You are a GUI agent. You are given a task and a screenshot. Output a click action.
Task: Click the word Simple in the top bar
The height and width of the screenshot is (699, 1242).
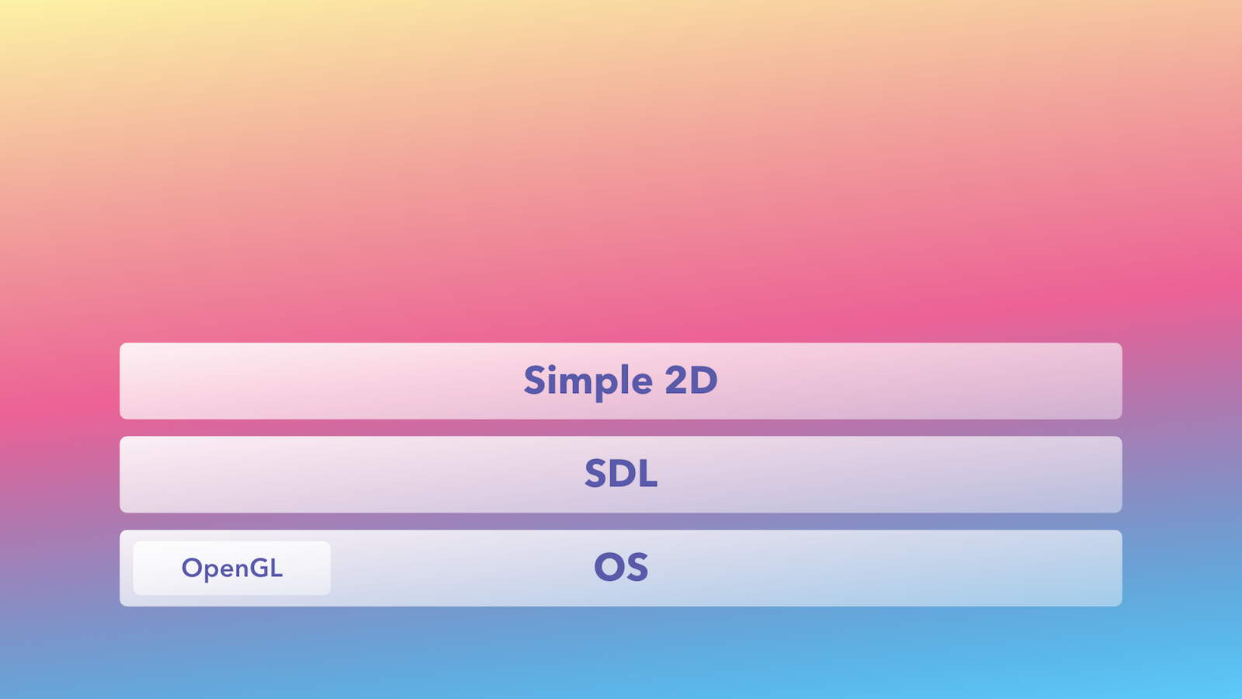(588, 381)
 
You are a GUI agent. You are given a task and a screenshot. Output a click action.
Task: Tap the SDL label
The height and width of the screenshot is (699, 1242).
(621, 474)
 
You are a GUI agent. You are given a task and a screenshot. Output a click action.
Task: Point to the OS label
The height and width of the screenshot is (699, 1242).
(621, 567)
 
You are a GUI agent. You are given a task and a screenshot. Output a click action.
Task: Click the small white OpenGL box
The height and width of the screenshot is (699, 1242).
(232, 568)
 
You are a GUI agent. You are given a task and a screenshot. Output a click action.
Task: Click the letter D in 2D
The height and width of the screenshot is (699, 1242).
(705, 380)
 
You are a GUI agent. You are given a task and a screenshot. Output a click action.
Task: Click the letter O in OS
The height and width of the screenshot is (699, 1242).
(609, 567)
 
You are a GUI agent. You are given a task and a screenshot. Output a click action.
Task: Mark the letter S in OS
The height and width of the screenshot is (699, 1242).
(637, 567)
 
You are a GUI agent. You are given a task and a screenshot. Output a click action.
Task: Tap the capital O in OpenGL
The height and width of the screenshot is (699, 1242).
(191, 568)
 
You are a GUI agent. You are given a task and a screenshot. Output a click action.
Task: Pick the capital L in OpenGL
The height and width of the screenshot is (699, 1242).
(277, 568)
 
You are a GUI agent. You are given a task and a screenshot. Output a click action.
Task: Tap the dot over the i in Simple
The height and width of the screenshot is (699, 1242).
(552, 367)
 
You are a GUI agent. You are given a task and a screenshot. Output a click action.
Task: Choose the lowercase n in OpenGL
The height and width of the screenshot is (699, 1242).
(242, 570)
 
